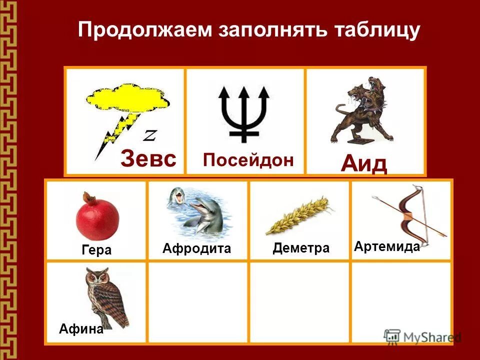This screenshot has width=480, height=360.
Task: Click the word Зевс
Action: click(148, 159)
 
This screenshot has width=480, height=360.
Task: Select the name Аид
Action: click(364, 163)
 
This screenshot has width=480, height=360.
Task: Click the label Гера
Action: click(96, 250)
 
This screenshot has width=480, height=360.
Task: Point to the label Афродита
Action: click(197, 248)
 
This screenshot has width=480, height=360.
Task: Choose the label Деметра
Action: click(301, 248)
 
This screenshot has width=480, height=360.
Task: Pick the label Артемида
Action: click(386, 246)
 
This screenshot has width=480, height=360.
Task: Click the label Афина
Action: click(81, 328)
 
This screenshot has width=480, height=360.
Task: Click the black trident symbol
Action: click(244, 112)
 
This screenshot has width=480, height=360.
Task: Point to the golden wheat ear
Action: click(297, 216)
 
